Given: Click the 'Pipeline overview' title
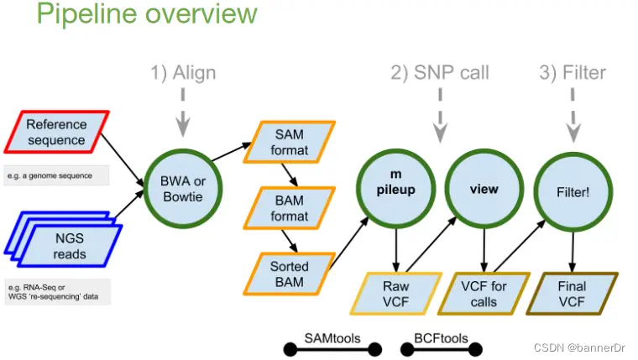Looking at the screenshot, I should point(148,14).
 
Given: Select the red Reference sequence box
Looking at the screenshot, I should point(56,132).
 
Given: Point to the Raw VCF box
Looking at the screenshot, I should point(394,293).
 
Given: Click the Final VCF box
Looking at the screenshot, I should point(573,293).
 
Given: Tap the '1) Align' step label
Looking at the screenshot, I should point(183,73).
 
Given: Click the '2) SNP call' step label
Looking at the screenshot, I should point(440,73).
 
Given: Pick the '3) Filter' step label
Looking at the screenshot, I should point(573,73).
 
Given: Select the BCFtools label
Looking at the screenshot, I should point(441,339).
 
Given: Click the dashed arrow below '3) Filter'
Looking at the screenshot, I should point(573,117).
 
